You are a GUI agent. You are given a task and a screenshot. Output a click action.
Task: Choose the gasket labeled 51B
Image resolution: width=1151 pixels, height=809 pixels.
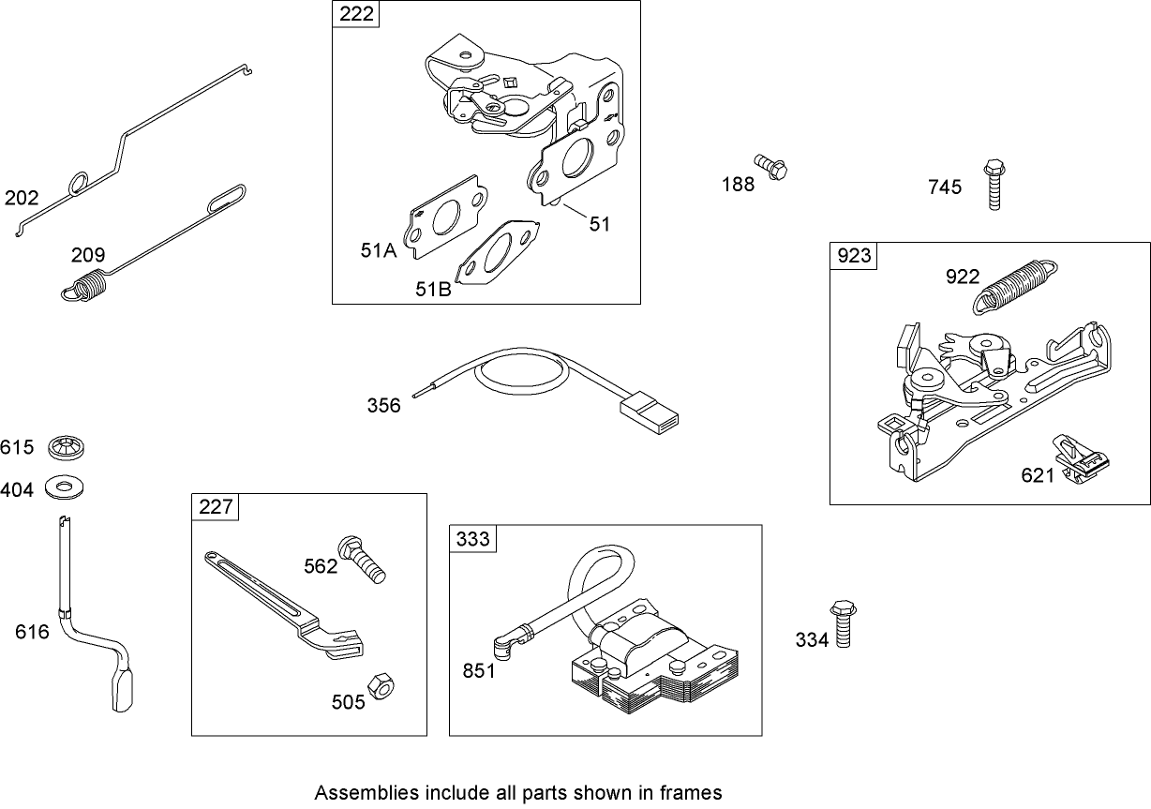click(x=497, y=253)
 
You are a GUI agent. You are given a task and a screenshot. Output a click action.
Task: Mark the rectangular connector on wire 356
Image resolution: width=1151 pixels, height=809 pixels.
click(x=648, y=412)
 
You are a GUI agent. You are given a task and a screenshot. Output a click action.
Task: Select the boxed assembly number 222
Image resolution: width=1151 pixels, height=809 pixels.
click(x=355, y=14)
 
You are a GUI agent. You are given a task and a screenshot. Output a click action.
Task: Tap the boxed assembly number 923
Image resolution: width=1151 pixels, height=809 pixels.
click(x=853, y=256)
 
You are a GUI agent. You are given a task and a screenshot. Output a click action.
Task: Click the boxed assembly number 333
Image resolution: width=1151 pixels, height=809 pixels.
click(x=472, y=538)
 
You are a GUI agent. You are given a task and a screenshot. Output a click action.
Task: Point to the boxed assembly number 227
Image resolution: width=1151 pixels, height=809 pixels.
click(x=216, y=507)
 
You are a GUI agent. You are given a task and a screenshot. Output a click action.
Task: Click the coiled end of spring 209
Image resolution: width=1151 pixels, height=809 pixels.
click(x=85, y=286)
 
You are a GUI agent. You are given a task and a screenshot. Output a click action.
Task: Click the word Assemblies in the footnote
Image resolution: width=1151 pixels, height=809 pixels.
click(x=357, y=791)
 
